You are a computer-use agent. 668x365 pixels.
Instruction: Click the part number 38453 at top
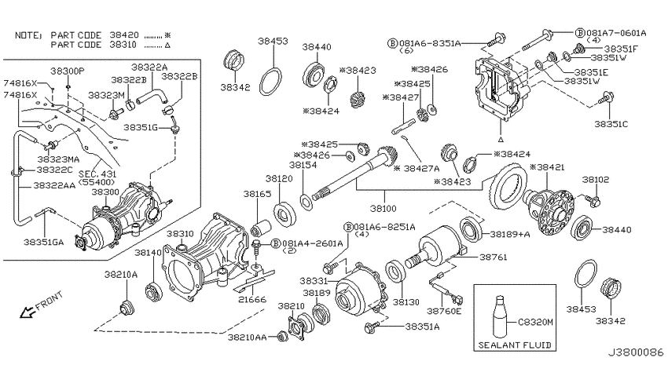click(273, 41)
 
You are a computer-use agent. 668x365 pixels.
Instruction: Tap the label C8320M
click(535, 322)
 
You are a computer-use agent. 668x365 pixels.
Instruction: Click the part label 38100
click(383, 208)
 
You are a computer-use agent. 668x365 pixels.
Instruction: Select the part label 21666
click(252, 299)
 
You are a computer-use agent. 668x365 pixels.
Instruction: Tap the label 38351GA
click(43, 242)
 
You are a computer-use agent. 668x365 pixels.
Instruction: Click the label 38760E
click(444, 311)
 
